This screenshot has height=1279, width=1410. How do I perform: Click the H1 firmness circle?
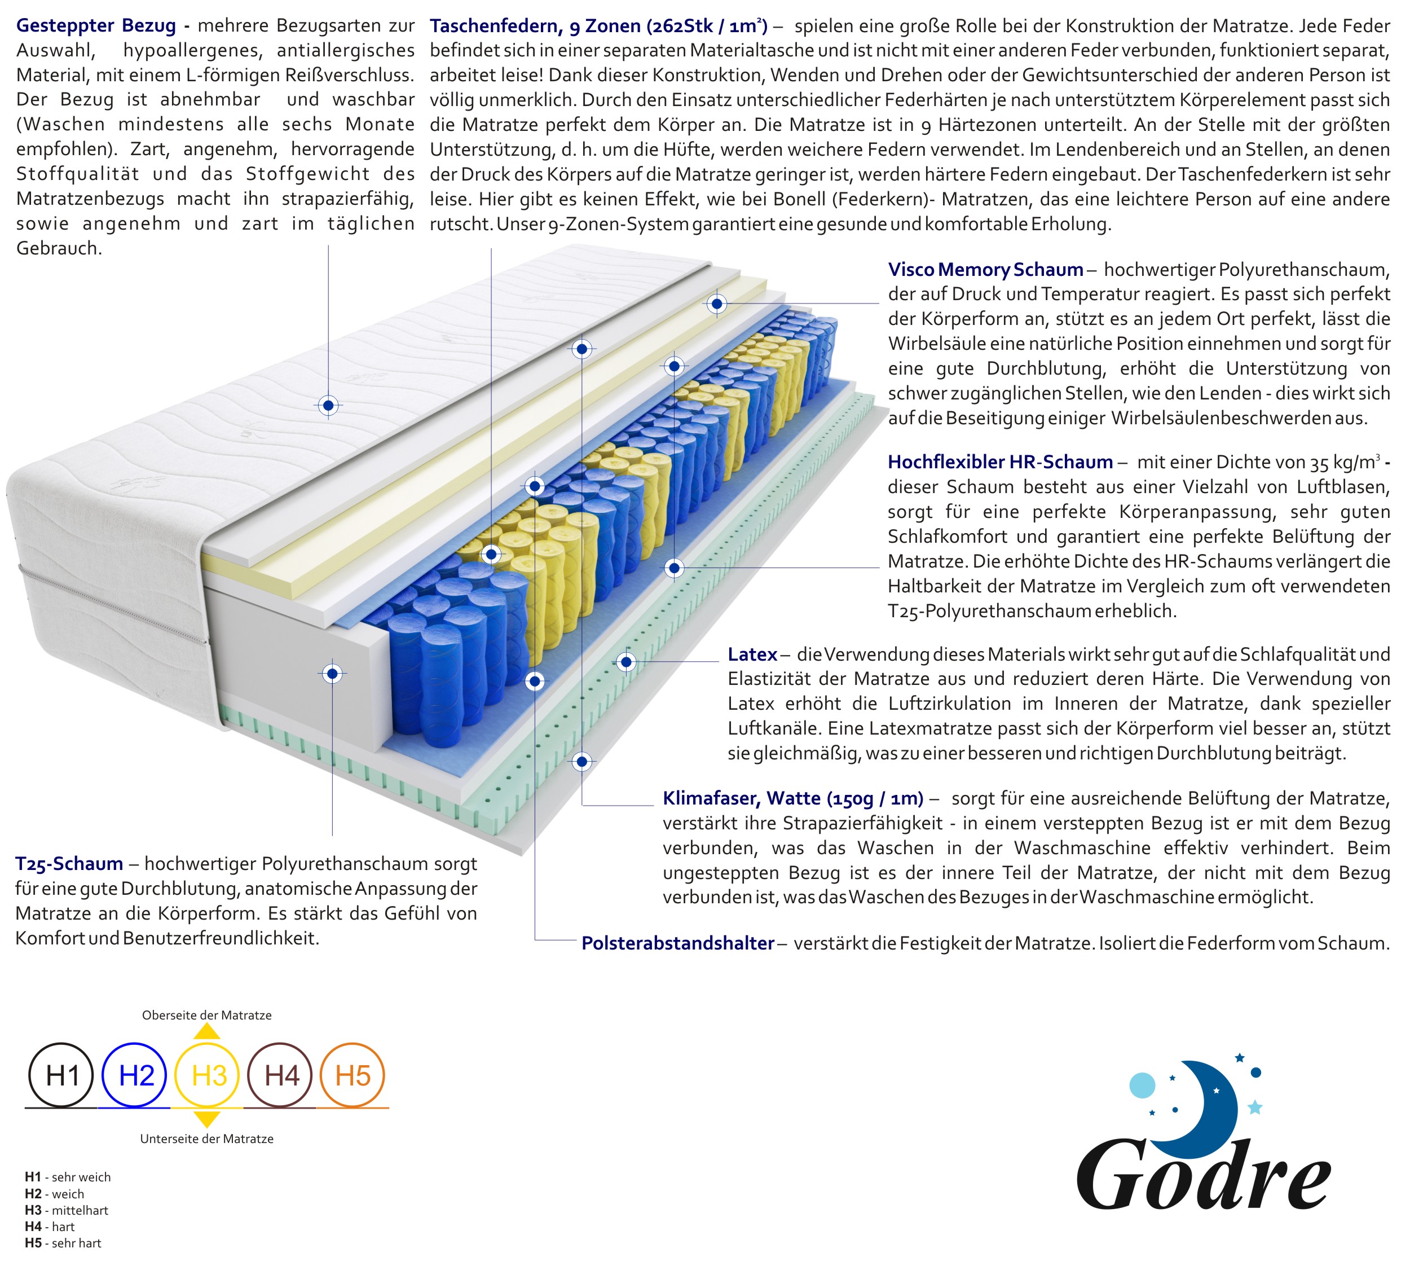[x=61, y=1075]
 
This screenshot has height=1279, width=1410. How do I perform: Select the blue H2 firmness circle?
[x=134, y=1075]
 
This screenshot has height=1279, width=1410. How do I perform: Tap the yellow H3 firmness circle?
[x=207, y=1075]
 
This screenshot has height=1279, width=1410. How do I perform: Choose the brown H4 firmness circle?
[x=280, y=1075]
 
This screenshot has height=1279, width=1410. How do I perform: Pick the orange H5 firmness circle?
[x=352, y=1075]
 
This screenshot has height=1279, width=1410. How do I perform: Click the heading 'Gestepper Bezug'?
[x=96, y=26]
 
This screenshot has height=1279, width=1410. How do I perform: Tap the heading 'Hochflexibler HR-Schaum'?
[x=1000, y=462]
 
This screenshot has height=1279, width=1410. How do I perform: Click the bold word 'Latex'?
[x=752, y=654]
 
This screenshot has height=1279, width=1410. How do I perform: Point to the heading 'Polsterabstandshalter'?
[x=678, y=943]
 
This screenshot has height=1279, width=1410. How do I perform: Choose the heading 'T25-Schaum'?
[x=69, y=864]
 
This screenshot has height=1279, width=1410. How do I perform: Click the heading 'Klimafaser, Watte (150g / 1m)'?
[x=793, y=798]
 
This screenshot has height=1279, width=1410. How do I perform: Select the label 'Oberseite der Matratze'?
[x=207, y=1015]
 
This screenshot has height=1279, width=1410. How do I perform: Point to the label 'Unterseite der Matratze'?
[x=207, y=1139]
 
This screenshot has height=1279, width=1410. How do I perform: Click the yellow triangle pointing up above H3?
[x=207, y=1031]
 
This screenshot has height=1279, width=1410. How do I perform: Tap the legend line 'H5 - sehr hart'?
[x=63, y=1243]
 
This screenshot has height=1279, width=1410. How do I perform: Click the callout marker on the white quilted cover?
[x=329, y=405]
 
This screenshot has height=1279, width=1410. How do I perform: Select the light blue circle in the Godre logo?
[x=1142, y=1085]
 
